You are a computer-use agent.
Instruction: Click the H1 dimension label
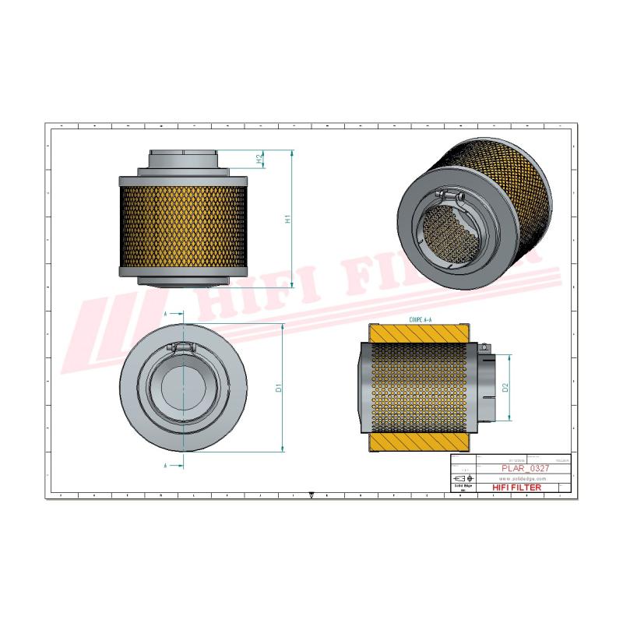point(287,220)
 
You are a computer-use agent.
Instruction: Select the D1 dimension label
point(278,387)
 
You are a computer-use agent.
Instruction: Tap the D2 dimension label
point(505,387)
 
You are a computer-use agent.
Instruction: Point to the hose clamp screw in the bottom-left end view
point(182,345)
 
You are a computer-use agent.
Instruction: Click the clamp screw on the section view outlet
point(484,346)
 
